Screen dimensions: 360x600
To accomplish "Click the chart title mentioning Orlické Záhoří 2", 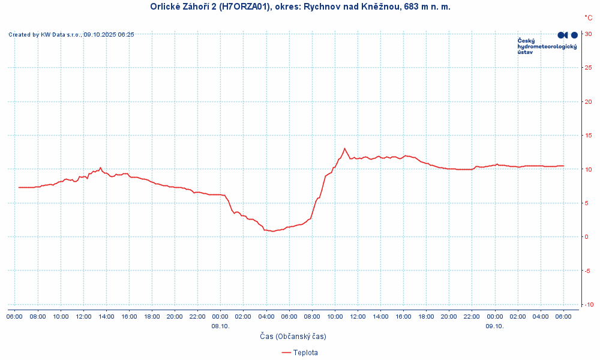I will pyautogui.click(x=300, y=7).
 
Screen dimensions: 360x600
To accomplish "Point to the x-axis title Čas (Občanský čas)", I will pyautogui.click(x=293, y=337).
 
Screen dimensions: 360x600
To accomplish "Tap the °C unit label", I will pyautogui.click(x=588, y=19).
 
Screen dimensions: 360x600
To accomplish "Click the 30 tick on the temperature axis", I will pyautogui.click(x=589, y=34).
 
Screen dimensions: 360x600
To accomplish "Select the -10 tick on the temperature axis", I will pyautogui.click(x=589, y=305).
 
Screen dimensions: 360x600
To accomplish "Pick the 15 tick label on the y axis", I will pyautogui.click(x=589, y=136).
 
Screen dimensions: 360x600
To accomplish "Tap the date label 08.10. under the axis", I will pyautogui.click(x=220, y=326).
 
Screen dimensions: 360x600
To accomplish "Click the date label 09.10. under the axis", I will pyautogui.click(x=494, y=326).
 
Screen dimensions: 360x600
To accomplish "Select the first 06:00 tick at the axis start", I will pyautogui.click(x=15, y=316).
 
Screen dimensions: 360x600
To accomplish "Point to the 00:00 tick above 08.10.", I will pyautogui.click(x=220, y=316).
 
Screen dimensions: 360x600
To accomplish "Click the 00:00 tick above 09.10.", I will pyautogui.click(x=494, y=316).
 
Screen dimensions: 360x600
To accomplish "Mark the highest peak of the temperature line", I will pyautogui.click(x=344, y=148).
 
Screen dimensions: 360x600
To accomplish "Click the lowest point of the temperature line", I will pyautogui.click(x=273, y=231).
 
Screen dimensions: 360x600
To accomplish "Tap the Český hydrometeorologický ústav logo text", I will pyautogui.click(x=547, y=46).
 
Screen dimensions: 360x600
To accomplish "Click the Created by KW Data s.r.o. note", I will pyautogui.click(x=71, y=35).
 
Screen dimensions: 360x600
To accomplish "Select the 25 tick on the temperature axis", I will pyautogui.click(x=589, y=68).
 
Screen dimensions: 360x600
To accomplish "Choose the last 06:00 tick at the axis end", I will pyautogui.click(x=563, y=316).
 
